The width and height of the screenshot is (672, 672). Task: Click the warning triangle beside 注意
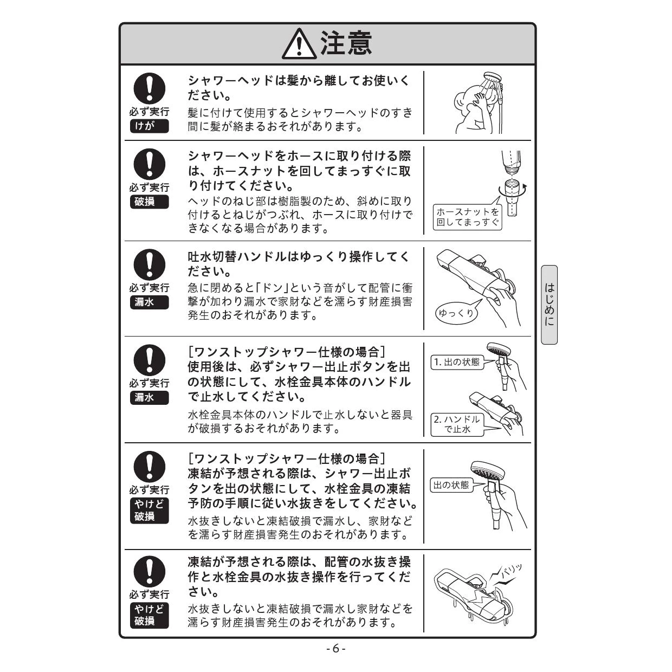coord(299,44)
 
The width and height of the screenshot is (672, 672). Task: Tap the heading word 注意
coord(346,43)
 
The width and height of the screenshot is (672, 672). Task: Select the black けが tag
coord(149,126)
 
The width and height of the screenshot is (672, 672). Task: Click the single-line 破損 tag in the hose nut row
coord(149,202)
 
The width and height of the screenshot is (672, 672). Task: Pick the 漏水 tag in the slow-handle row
coord(149,302)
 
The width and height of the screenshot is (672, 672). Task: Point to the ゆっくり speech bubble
coord(456,313)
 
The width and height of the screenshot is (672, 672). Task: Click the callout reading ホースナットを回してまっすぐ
coord(467,217)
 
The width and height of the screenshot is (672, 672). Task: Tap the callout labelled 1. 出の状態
coord(457,362)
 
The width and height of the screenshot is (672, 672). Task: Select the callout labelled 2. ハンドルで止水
coord(457,424)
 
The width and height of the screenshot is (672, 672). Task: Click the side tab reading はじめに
coord(549,305)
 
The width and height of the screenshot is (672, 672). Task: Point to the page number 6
coord(336,649)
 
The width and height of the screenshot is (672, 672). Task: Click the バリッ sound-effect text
coord(511,572)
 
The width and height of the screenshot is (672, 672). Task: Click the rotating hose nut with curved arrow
coord(512,190)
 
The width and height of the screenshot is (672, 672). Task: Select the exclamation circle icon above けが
coord(149,88)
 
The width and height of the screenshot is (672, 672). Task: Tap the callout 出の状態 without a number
coord(451,485)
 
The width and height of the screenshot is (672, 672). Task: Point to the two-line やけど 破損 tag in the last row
coord(149,616)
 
